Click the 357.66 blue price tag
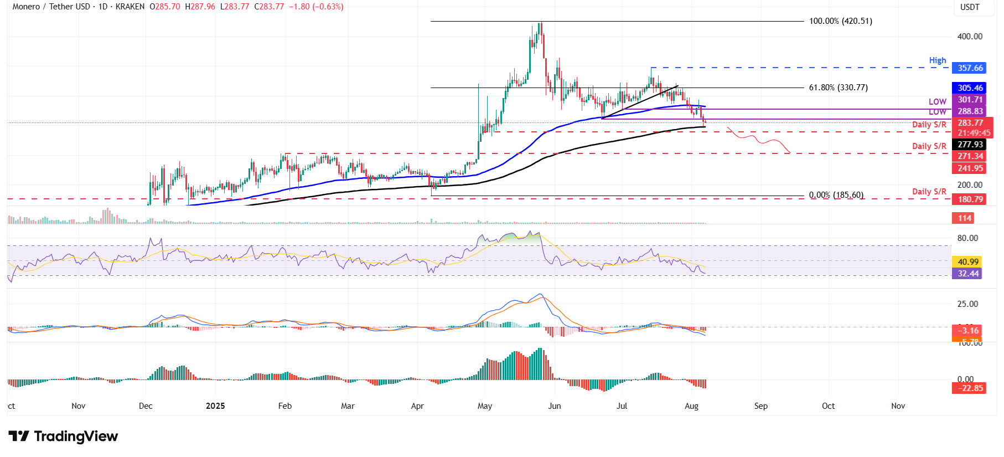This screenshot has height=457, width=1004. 970,68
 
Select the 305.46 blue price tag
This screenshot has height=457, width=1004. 970,88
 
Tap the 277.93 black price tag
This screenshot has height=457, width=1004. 970,145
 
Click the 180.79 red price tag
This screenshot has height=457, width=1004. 970,199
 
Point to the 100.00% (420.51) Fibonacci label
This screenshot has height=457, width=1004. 840,21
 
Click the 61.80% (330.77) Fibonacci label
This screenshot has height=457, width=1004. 838,88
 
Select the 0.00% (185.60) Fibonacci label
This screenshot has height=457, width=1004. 836,195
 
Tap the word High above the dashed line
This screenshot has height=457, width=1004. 938,60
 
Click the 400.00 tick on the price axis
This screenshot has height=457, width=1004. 970,37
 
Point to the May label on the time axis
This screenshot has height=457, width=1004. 485,406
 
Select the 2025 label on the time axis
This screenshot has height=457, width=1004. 215,406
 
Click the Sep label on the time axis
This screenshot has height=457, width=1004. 761,406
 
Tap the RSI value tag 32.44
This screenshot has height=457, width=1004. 967,274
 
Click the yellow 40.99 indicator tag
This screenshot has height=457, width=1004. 967,262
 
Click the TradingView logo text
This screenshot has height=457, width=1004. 76,437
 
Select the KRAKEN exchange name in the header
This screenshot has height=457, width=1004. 130,7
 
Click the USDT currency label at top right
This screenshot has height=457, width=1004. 970,7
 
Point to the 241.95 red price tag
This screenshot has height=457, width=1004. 970,168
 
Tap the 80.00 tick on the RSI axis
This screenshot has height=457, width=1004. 967,238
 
